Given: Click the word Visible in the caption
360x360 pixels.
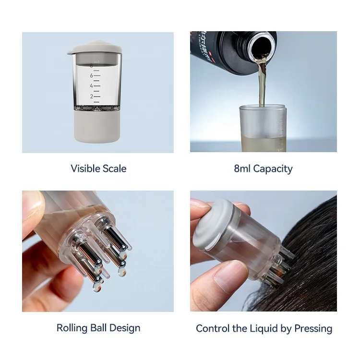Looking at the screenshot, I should coord(85,168).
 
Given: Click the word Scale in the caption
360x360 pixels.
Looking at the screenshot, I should coord(114,168).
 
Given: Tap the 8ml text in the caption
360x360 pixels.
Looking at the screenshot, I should coord(242,168).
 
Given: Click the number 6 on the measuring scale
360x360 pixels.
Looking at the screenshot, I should coord(91,75).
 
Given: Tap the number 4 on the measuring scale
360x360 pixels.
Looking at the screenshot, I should coord(91,86).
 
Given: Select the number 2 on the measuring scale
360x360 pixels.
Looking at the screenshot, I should coord(91,96).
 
